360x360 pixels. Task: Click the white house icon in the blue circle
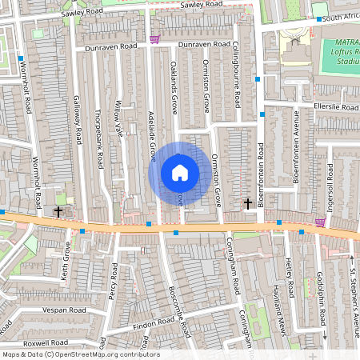tap(179, 173)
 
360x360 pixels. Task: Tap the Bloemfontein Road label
tap(262, 170)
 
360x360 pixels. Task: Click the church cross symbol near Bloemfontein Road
tap(248, 204)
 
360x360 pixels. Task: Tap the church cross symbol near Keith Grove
tap(58, 211)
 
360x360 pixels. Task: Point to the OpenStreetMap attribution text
tap(80, 354)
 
